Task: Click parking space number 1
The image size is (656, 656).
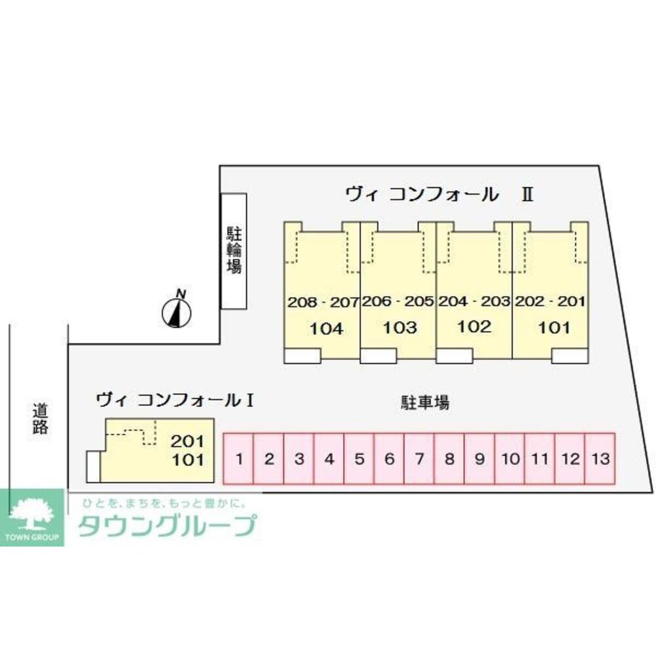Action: point(239,459)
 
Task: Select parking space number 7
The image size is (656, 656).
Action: point(419,459)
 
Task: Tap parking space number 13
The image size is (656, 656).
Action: point(599,459)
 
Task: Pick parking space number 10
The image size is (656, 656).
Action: point(509,459)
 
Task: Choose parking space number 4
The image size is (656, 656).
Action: point(329,459)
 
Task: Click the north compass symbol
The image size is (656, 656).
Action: point(176,311)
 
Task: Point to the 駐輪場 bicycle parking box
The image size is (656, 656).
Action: point(233,251)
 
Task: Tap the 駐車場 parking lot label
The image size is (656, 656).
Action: point(425,402)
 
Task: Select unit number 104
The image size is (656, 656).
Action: point(326,328)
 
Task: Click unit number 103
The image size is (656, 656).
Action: point(400,328)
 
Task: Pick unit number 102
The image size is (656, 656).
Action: point(474,327)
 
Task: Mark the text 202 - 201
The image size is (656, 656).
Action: point(550,302)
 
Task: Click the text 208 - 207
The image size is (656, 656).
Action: point(323,303)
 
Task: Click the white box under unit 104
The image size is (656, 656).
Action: point(302,355)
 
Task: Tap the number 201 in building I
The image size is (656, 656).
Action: point(188,440)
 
